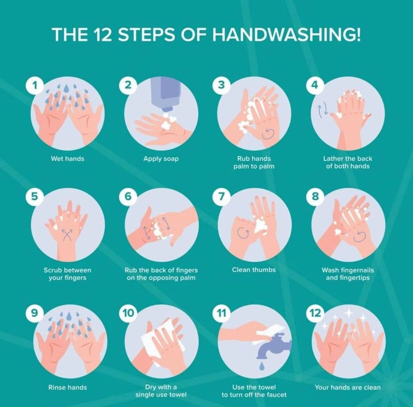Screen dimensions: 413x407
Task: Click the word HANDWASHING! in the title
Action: pyautogui.click(x=287, y=34)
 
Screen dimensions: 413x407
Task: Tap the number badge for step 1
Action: pyautogui.click(x=35, y=86)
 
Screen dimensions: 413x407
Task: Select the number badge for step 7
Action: pyautogui.click(x=221, y=197)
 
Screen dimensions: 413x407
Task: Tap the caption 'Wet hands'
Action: pyautogui.click(x=67, y=159)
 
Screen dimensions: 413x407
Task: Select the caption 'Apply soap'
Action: pyautogui.click(x=161, y=159)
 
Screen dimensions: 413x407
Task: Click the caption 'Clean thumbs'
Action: pyautogui.click(x=254, y=270)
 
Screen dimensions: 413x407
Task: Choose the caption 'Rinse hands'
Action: pyautogui.click(x=67, y=387)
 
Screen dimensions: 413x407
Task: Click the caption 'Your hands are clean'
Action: pyautogui.click(x=348, y=387)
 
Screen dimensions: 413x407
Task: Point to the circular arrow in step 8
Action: pyautogui.click(x=360, y=236)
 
